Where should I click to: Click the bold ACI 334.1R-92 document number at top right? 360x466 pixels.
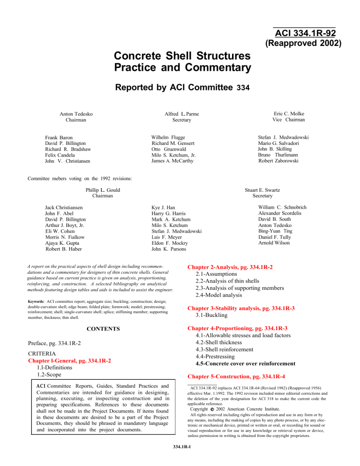pyautogui.click(x=304, y=34)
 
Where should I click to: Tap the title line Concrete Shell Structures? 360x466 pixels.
pyautogui.click(x=181, y=57)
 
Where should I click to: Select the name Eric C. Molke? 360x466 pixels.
pyautogui.click(x=287, y=113)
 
